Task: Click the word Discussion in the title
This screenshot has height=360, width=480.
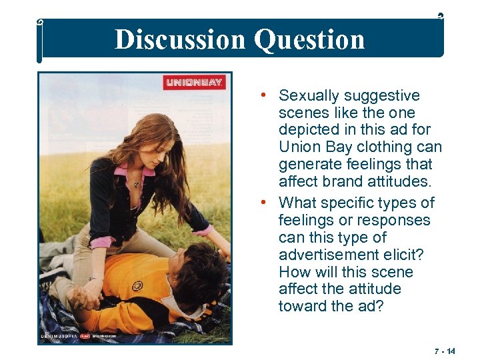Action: [180, 39]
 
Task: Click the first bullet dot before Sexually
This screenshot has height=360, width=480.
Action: [265, 95]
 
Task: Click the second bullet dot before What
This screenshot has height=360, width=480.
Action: [265, 202]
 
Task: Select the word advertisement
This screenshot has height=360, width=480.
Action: [331, 255]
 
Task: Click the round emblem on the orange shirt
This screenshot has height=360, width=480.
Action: [138, 286]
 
